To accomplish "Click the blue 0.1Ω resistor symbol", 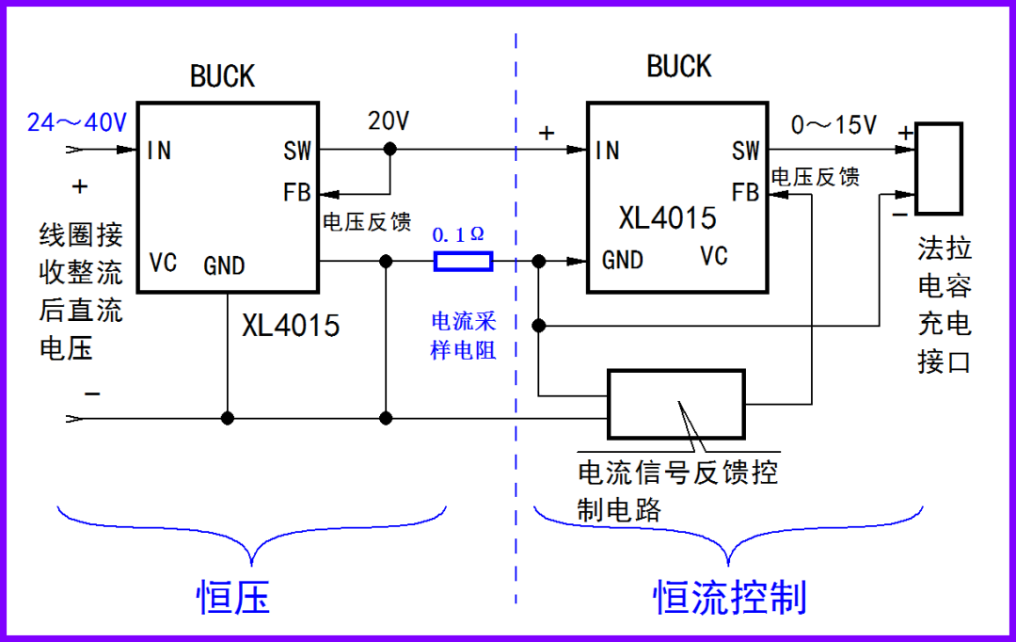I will point(463,261).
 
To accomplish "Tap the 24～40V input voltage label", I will point(76,122).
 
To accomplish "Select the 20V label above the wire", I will point(389,121).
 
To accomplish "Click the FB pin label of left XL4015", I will point(297,193).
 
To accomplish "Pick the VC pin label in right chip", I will point(714,256).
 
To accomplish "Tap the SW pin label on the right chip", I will point(745,151).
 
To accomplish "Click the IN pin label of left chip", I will point(159,151).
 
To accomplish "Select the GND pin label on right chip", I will point(623,260).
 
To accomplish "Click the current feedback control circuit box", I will point(675,404).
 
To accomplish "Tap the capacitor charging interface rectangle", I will point(938,168).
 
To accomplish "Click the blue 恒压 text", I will point(233,596).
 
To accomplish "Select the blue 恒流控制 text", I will point(730,596).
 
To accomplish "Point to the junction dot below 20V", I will point(390,149).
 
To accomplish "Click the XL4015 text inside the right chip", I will point(667,218).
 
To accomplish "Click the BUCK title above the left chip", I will point(222,76).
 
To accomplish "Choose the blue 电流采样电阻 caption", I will point(463,336).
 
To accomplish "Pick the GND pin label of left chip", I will point(224,265).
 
